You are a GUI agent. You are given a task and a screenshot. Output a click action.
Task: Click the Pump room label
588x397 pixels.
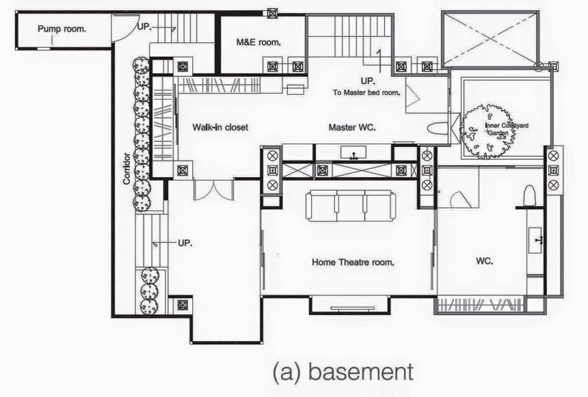click(62, 29)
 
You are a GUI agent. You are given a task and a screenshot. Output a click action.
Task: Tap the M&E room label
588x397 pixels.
click(258, 42)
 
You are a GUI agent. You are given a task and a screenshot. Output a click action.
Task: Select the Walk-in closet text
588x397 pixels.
click(221, 127)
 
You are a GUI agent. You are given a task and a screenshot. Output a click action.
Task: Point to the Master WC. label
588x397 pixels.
click(352, 127)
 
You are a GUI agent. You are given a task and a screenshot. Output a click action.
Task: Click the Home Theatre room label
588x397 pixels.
click(353, 262)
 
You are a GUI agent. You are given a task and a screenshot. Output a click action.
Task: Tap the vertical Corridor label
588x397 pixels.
click(127, 168)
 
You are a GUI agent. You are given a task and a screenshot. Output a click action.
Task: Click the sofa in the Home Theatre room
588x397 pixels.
click(350, 205)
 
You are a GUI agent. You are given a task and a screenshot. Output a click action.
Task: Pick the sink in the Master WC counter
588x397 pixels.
click(353, 153)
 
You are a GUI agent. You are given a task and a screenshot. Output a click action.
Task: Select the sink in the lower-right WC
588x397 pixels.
click(535, 240)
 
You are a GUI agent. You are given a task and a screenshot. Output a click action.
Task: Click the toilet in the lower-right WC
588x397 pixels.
click(529, 195)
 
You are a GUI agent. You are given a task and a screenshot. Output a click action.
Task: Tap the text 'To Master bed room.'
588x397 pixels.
click(366, 93)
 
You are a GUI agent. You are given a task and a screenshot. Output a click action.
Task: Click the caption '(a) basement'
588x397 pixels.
click(343, 372)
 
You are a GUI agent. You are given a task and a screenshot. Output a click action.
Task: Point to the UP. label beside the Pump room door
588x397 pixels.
click(145, 26)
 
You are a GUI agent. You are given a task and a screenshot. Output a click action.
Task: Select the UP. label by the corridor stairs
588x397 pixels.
click(185, 243)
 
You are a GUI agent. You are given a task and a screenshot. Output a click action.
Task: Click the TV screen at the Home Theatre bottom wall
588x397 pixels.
click(353, 308)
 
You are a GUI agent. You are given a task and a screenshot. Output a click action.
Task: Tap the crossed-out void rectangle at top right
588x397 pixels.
click(491, 39)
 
